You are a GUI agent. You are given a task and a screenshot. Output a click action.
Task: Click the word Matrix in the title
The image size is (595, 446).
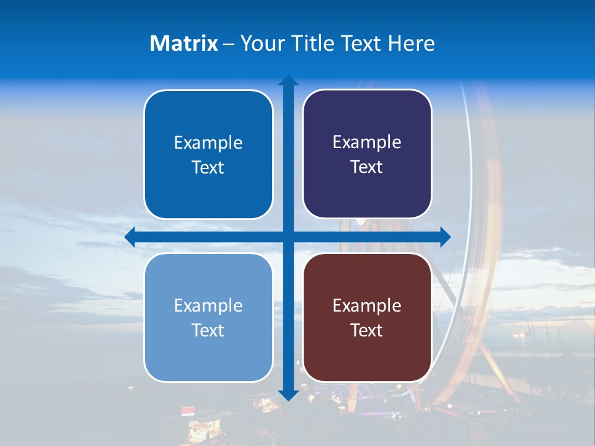point(184,43)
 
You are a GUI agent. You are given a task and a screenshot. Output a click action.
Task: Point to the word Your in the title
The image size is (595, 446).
point(260,43)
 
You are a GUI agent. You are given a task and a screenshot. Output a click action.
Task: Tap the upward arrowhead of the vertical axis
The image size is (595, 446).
point(288,80)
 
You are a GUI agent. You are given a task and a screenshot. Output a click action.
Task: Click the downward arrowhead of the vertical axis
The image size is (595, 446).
point(288,395)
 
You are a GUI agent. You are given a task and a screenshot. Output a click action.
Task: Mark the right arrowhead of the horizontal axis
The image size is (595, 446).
point(445,237)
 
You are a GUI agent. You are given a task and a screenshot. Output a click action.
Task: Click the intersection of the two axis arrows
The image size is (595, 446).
point(288,237)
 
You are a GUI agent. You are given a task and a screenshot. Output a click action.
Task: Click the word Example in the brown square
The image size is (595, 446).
point(367,305)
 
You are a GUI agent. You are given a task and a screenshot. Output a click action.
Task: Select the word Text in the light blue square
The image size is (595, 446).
point(208,331)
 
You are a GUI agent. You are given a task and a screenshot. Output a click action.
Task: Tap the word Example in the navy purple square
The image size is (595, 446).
point(367,142)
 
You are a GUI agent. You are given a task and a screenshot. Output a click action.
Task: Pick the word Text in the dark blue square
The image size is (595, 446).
point(208,168)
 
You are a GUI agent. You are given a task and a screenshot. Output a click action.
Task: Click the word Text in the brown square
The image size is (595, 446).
point(367,331)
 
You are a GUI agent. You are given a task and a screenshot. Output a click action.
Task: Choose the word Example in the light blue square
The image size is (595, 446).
point(208,305)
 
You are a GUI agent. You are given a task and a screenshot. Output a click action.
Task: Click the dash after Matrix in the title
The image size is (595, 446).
point(229,44)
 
